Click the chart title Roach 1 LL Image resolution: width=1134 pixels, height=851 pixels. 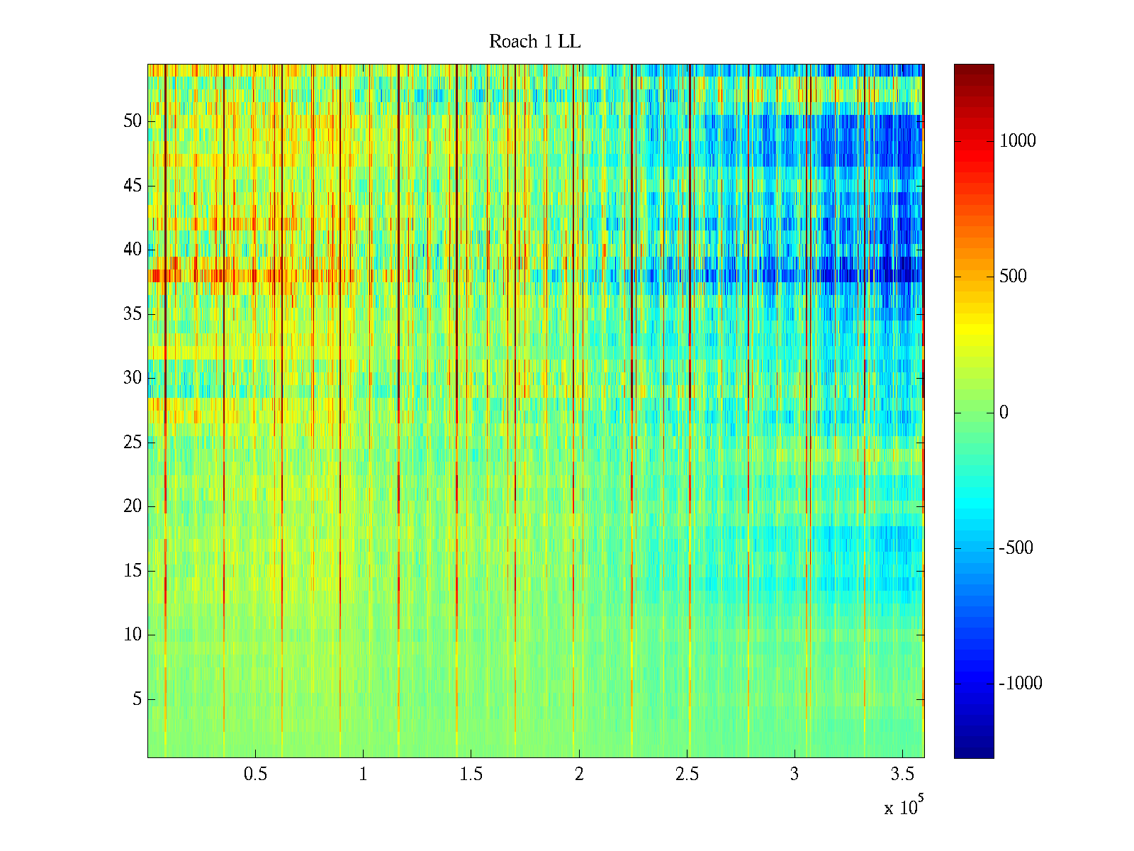point(535,42)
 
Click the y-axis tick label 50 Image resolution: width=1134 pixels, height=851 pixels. point(133,121)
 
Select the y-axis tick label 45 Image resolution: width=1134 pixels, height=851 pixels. point(133,186)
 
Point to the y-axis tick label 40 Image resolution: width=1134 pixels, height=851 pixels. point(133,250)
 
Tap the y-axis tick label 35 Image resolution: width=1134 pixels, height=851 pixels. point(133,314)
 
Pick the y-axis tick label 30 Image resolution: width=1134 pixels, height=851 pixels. point(133,378)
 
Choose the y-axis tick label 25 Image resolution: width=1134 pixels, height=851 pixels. point(133,443)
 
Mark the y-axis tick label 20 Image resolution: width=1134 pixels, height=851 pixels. point(133,506)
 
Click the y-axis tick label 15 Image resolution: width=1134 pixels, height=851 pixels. point(133,571)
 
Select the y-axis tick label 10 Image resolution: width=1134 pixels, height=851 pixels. point(133,635)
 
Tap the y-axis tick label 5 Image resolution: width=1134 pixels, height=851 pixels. point(137,699)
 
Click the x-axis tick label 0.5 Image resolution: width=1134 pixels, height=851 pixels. point(255,774)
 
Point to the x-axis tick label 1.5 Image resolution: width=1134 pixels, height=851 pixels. point(471,774)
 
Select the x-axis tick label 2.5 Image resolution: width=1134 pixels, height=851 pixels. point(687,774)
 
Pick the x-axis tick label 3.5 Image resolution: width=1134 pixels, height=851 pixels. point(902,774)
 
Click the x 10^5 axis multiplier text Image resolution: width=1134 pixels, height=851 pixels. point(904,807)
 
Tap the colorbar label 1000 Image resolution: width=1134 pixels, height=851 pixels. point(1018,141)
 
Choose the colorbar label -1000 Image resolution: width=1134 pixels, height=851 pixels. point(1021,684)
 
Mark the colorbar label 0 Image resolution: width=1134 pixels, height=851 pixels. point(1004,413)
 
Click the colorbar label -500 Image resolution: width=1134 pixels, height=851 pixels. point(1016,548)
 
